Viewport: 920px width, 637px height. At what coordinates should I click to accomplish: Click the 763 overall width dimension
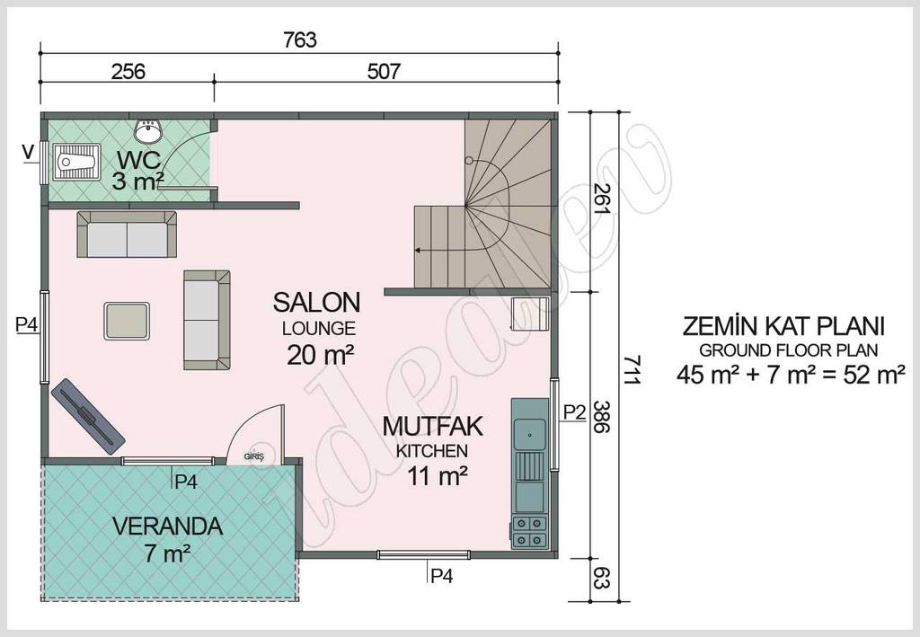tap(300, 40)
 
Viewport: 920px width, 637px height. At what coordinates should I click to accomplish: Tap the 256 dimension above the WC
tap(128, 71)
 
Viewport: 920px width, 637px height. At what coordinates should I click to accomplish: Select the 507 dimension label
tap(384, 71)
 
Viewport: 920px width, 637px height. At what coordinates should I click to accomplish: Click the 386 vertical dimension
tap(601, 418)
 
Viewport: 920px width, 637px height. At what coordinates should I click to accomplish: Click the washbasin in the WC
tap(148, 132)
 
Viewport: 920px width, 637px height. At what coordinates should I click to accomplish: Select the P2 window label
tap(575, 412)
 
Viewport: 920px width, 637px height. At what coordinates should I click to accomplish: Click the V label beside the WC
tap(29, 152)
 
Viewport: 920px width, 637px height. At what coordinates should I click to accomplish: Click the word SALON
tap(317, 301)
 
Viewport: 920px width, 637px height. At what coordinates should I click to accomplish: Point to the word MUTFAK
tap(433, 425)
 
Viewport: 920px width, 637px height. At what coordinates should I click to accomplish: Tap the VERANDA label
tap(168, 526)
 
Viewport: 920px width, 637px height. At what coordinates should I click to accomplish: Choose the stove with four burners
tap(528, 531)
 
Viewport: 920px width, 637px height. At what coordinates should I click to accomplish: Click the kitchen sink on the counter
tap(529, 433)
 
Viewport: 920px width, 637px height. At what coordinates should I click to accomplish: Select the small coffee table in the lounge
tap(127, 321)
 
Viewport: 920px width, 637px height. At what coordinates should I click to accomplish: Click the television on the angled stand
tap(87, 414)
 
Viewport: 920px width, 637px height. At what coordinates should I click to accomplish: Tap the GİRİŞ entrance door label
tap(254, 456)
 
